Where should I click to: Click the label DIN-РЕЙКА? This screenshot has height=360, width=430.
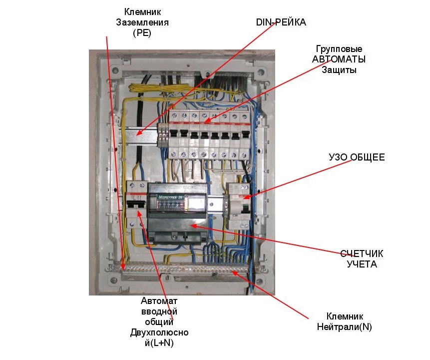281,22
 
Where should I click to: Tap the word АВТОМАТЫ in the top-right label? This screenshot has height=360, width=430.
339,59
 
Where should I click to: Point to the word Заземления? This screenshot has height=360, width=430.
142,22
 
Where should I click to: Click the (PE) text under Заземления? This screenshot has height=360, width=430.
142,33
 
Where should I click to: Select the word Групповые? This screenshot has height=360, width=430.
339,49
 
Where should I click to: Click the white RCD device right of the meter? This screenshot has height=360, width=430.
237,205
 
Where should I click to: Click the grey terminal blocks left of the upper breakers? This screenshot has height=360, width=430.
163,134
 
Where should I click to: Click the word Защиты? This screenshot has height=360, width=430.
339,70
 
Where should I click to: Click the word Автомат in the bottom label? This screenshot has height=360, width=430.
159,301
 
